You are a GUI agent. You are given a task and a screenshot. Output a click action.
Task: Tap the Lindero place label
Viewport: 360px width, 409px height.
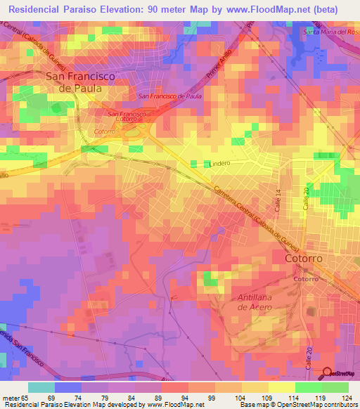click(x=220, y=164)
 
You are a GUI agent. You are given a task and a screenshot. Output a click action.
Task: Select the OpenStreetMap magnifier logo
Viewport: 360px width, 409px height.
click(x=328, y=373)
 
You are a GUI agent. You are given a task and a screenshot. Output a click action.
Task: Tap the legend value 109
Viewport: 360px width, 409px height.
click(x=265, y=397)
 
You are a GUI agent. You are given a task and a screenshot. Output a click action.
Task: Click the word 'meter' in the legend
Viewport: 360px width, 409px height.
click(x=11, y=397)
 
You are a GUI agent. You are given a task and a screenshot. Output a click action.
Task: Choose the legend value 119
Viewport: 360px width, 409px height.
click(x=319, y=397)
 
